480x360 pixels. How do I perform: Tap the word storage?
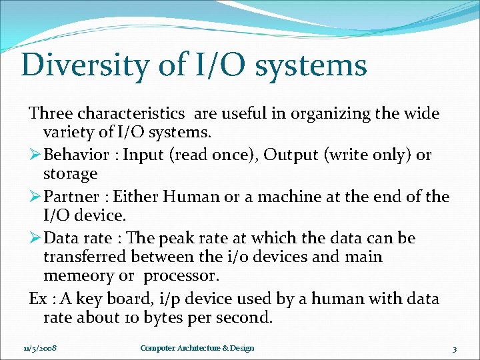[x=70, y=174]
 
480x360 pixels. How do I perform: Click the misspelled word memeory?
[x=74, y=276]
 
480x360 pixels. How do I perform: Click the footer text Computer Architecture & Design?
[x=197, y=349]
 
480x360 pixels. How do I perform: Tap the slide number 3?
[x=454, y=349]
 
